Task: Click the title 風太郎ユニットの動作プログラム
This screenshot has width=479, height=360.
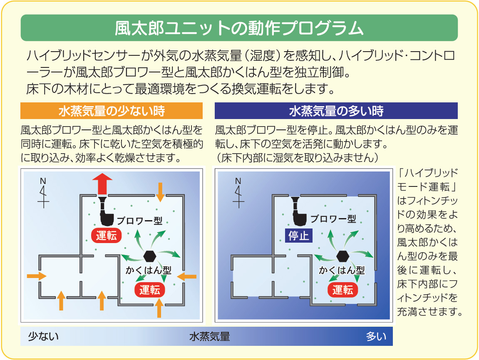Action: (239, 28)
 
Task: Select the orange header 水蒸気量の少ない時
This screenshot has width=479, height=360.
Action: (112, 111)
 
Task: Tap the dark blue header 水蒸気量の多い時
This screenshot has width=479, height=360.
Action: (336, 111)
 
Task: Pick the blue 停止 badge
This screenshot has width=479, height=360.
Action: (298, 236)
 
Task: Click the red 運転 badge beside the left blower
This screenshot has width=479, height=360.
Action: (107, 236)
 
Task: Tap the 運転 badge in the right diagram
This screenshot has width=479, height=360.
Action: (343, 290)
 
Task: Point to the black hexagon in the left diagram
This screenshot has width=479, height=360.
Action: (149, 255)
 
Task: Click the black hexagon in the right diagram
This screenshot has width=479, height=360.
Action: (343, 255)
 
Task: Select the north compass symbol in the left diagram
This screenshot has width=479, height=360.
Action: (43, 193)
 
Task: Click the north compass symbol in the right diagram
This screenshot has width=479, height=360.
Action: (238, 193)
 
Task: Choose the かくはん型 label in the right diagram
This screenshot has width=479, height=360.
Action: (342, 270)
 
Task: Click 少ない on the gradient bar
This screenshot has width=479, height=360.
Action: (43, 336)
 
